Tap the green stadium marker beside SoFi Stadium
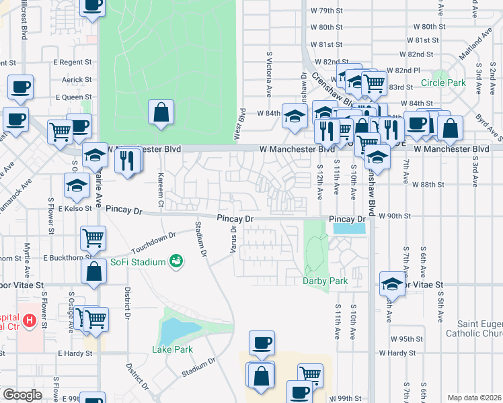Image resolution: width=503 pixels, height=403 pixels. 176,261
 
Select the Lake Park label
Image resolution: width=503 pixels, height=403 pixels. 172,349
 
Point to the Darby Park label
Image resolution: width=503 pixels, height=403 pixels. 325,281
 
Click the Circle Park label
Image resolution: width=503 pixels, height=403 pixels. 443,83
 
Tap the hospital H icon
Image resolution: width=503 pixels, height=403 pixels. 29,321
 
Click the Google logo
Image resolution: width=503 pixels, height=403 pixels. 22,395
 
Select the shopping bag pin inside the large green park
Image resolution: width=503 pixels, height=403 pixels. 161,114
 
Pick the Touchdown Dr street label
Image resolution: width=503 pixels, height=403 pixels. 153,240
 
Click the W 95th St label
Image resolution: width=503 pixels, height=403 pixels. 405,339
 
